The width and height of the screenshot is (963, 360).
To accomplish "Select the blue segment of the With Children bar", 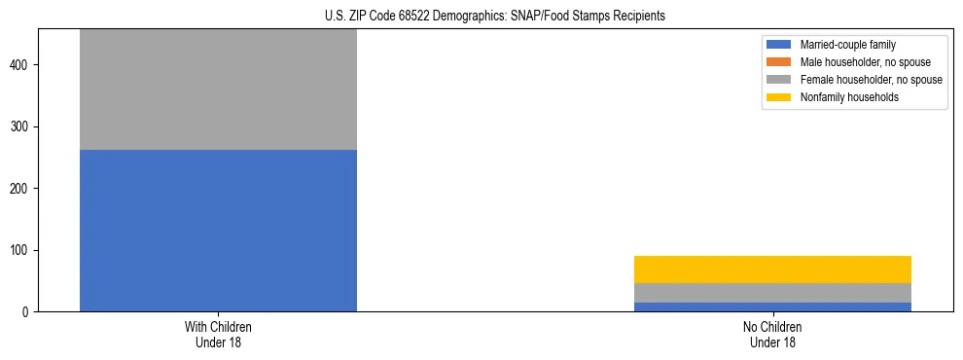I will pos(218,231).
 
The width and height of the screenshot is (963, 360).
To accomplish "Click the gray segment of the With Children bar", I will pos(218,90).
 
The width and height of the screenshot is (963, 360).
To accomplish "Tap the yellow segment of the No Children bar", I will pos(772,270).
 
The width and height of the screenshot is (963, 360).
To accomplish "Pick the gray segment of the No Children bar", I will pos(772,293).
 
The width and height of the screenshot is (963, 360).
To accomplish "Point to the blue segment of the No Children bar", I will pos(772,306).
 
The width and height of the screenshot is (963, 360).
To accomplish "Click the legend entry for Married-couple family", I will pos(847,45).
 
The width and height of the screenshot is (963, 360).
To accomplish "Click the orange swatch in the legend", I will pos(779,62).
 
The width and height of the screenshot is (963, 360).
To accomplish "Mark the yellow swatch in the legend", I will pos(779,97).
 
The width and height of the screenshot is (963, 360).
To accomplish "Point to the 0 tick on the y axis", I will pos(25,312).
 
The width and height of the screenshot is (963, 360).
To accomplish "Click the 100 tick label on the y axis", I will pos(19,250).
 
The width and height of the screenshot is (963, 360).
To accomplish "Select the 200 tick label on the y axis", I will pos(19,189).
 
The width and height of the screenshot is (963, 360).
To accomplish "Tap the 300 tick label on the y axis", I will pos(19,126).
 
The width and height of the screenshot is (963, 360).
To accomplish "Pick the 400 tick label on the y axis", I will pos(19,65).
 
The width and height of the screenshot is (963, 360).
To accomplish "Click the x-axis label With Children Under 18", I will pos(218,335).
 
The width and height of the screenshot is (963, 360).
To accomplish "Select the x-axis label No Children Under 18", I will pos(772,335).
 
